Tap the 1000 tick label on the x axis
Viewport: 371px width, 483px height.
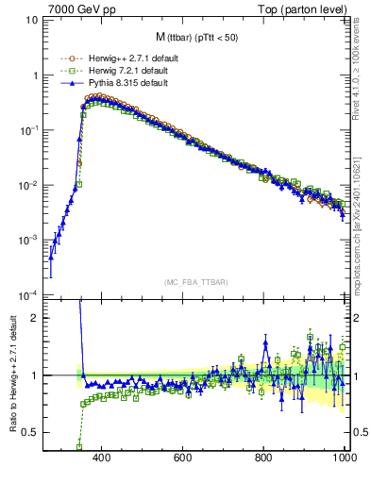click(x=344, y=459)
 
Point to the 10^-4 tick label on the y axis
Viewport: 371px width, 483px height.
click(x=29, y=295)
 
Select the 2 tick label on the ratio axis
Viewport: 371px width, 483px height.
click(x=35, y=318)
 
